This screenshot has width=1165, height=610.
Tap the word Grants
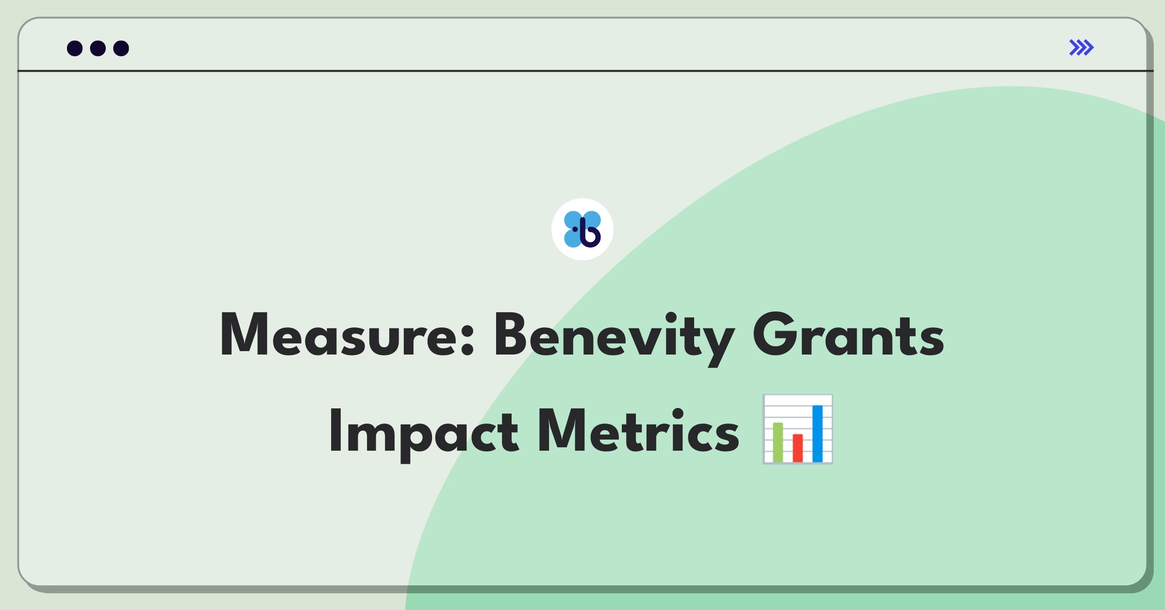click(849, 335)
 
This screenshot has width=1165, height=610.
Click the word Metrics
click(639, 430)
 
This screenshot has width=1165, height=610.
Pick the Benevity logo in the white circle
click(582, 229)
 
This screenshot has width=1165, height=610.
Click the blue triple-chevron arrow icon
click(1082, 48)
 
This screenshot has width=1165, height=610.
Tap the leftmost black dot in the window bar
click(75, 48)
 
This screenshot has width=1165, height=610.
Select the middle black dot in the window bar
click(98, 48)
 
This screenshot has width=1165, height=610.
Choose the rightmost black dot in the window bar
click(121, 48)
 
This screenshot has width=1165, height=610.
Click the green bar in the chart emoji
click(778, 442)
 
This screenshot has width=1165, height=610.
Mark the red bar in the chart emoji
click(798, 448)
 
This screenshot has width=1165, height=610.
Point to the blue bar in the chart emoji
click(817, 434)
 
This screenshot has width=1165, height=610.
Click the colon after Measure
click(467, 339)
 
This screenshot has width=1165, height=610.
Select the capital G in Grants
click(776, 335)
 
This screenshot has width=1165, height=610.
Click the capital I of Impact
click(334, 430)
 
